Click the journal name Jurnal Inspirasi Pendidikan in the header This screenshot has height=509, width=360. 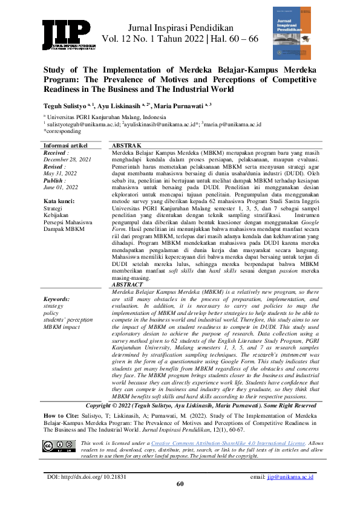coord(182,27)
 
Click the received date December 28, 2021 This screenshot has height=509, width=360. coord(68,160)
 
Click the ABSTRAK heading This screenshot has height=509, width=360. coord(126,146)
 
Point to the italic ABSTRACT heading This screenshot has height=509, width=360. coord(128,284)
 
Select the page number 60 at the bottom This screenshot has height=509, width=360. coord(180,484)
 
